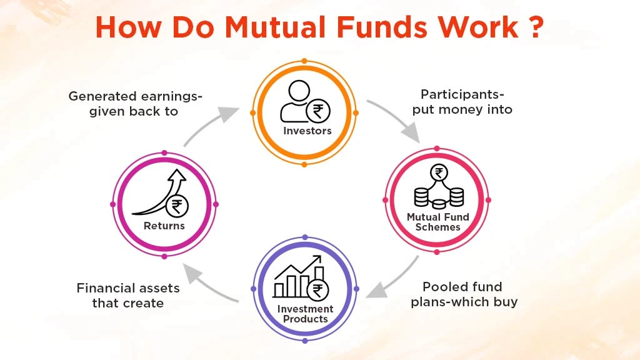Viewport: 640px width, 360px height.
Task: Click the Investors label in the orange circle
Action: tap(307, 131)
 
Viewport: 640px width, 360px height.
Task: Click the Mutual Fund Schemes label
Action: tap(437, 222)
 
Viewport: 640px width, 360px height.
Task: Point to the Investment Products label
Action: tap(305, 314)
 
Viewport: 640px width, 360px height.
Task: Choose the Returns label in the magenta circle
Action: tap(164, 226)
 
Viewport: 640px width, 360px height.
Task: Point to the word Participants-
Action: tap(462, 94)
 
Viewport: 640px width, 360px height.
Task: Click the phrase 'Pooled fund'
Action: tap(462, 287)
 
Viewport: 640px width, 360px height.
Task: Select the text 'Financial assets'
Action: tap(128, 288)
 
